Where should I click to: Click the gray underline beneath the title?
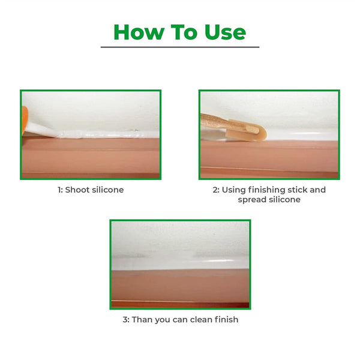coord(180,47)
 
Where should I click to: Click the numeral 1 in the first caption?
coord(59,190)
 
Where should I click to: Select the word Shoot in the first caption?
coord(78,190)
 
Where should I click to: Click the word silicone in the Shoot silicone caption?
coord(109,190)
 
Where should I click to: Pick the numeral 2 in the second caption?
coord(215,190)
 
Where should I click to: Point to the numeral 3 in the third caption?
coord(125,319)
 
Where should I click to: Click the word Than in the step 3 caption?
coord(143,319)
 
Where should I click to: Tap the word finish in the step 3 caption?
coord(226,319)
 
